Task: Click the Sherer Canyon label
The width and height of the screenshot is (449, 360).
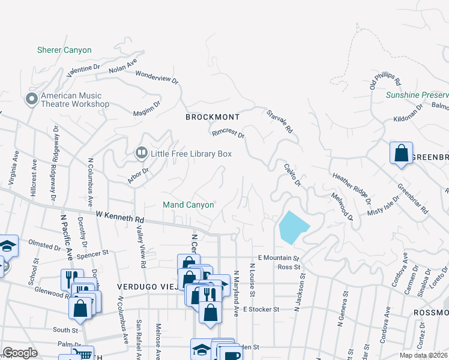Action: (x=64, y=50)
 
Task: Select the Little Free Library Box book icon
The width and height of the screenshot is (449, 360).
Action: (x=141, y=154)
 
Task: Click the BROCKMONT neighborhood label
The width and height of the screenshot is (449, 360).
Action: (x=212, y=117)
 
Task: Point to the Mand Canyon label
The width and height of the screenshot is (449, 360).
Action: (x=188, y=205)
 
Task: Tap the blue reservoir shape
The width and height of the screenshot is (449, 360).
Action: (x=293, y=227)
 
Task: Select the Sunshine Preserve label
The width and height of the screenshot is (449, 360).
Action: (x=417, y=95)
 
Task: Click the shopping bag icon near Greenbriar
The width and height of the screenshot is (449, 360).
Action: (x=400, y=153)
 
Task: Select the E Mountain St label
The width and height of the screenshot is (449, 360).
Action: (x=279, y=257)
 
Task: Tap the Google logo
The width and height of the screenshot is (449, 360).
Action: (x=20, y=352)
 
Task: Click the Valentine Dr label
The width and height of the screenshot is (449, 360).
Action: (x=83, y=70)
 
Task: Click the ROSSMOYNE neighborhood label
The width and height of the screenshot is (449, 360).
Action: (x=430, y=313)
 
